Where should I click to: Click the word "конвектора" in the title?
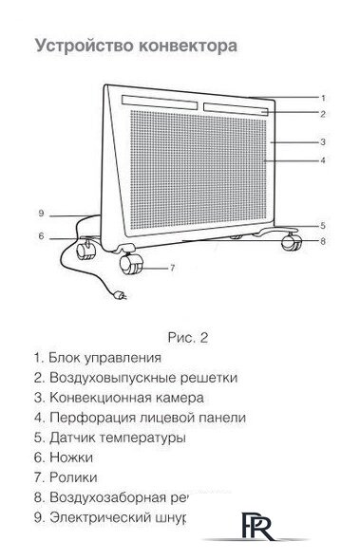click(179, 45)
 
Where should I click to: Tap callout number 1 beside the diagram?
click(324, 98)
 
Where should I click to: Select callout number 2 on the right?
click(324, 114)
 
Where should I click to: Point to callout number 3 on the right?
click(324, 141)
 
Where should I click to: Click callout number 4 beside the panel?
click(324, 161)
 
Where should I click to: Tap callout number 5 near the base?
click(323, 225)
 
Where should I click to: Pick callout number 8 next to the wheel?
click(323, 242)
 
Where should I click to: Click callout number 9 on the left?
click(42, 213)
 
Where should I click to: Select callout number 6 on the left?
click(42, 236)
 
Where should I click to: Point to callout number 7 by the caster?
click(173, 268)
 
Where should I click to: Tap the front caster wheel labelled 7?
click(133, 267)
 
